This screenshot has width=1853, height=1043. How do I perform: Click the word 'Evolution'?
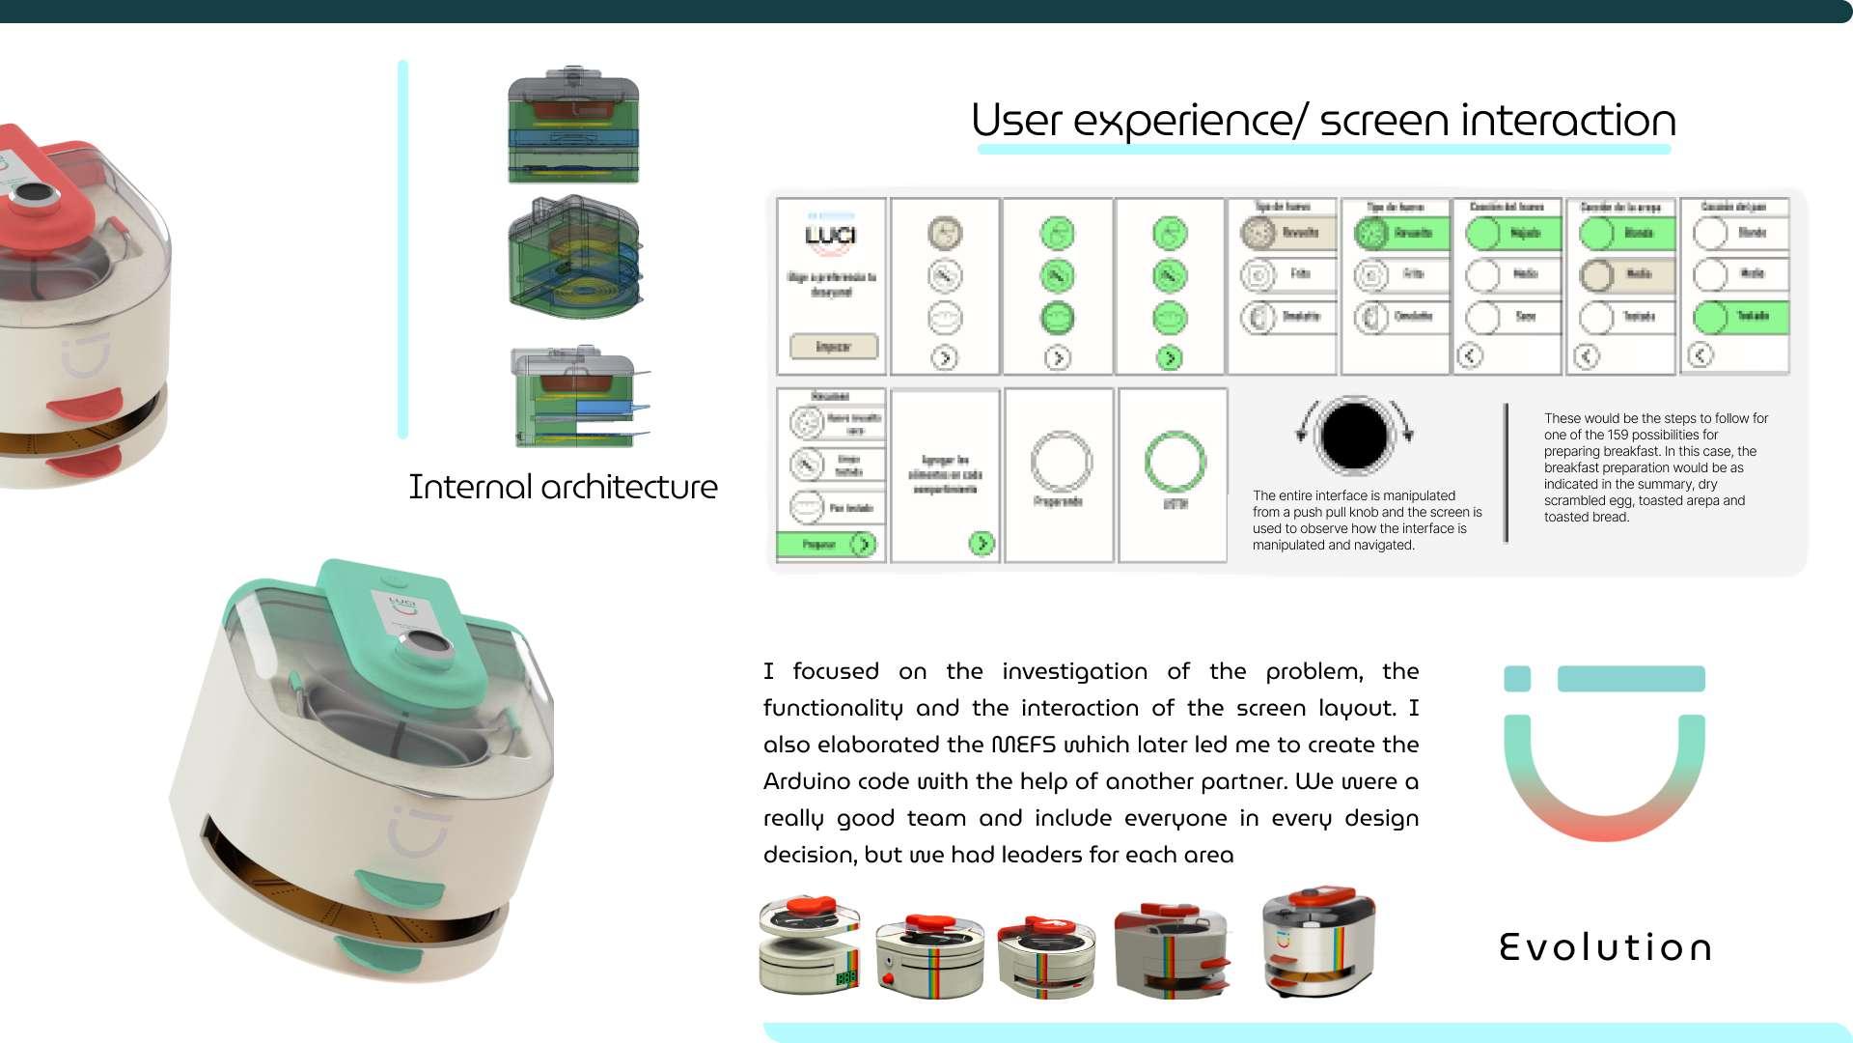[x=1606, y=947]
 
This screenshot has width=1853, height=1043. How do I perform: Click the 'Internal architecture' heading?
[x=563, y=487]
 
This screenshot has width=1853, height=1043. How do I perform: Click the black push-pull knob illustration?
[x=1354, y=436]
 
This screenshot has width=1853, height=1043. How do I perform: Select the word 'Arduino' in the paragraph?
[x=805, y=781]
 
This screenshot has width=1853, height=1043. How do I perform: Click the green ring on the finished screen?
[x=1175, y=462]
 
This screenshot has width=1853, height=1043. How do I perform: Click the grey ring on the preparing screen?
[x=1061, y=462]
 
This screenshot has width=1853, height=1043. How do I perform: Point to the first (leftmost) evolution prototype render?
[x=810, y=945]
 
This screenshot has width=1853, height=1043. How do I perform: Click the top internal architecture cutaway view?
[x=574, y=126]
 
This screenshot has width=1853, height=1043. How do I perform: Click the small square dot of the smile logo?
[x=1517, y=679]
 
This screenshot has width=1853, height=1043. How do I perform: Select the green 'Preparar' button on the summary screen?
[x=828, y=545]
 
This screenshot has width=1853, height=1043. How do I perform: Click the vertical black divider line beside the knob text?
[x=1506, y=473]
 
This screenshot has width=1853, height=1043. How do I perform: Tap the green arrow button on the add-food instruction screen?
[x=981, y=544]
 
